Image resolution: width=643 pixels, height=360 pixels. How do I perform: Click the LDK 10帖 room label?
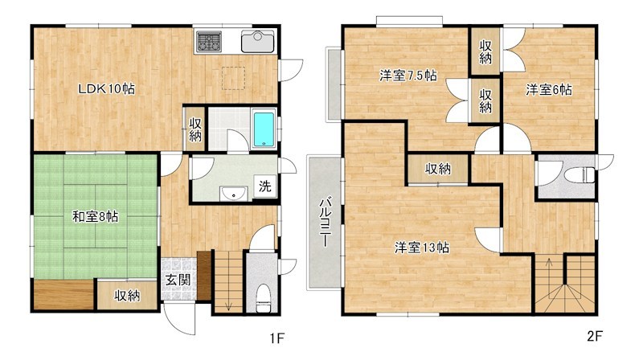point(105,89)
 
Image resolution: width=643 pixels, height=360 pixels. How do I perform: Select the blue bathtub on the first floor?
point(264,129)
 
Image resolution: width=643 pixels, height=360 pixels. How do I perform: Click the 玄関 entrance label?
point(178,280)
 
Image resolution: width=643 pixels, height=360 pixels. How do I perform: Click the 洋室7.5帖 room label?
point(408,76)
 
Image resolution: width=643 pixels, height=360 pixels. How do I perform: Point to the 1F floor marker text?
point(276,338)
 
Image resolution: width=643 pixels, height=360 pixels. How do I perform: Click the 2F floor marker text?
point(595,335)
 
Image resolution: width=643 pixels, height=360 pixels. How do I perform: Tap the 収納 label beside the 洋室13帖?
point(438,169)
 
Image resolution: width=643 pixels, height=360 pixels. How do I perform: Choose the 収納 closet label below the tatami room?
point(126,295)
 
